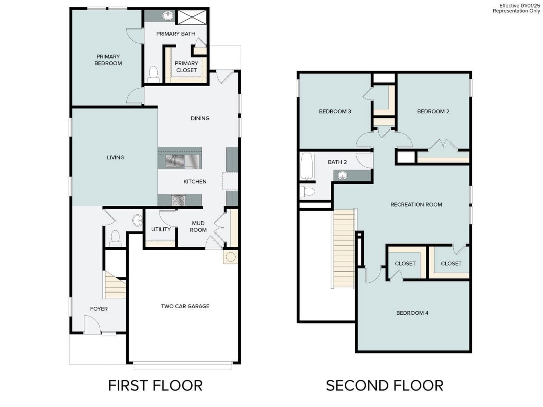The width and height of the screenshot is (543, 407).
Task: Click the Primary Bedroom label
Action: [108, 60]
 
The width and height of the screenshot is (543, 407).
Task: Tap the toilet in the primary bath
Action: [153, 74]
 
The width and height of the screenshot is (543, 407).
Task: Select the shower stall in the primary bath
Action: [192, 17]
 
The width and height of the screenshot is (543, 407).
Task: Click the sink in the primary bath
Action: [168, 16]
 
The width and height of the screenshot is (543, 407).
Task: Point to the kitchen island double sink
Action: [175, 161]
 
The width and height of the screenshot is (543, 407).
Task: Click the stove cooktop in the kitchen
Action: [178, 200]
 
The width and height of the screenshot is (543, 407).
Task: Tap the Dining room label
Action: [200, 118]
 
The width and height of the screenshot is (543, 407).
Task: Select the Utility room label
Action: [161, 229]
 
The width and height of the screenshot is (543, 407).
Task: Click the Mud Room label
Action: [198, 226]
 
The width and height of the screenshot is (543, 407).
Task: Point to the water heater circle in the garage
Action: [231, 257]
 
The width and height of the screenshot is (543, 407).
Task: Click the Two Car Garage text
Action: [185, 306]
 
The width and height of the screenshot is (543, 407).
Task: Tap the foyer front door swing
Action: [92, 325]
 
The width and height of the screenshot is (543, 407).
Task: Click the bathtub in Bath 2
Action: [307, 166]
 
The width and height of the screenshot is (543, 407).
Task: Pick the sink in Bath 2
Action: [342, 175]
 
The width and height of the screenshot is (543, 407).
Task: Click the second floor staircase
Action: [344, 249]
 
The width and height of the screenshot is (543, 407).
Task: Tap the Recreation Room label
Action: [416, 205]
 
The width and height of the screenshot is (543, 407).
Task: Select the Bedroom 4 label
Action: [412, 313]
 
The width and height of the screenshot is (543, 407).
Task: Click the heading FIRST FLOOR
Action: [155, 386]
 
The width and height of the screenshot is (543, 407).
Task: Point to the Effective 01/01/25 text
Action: [520, 6]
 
